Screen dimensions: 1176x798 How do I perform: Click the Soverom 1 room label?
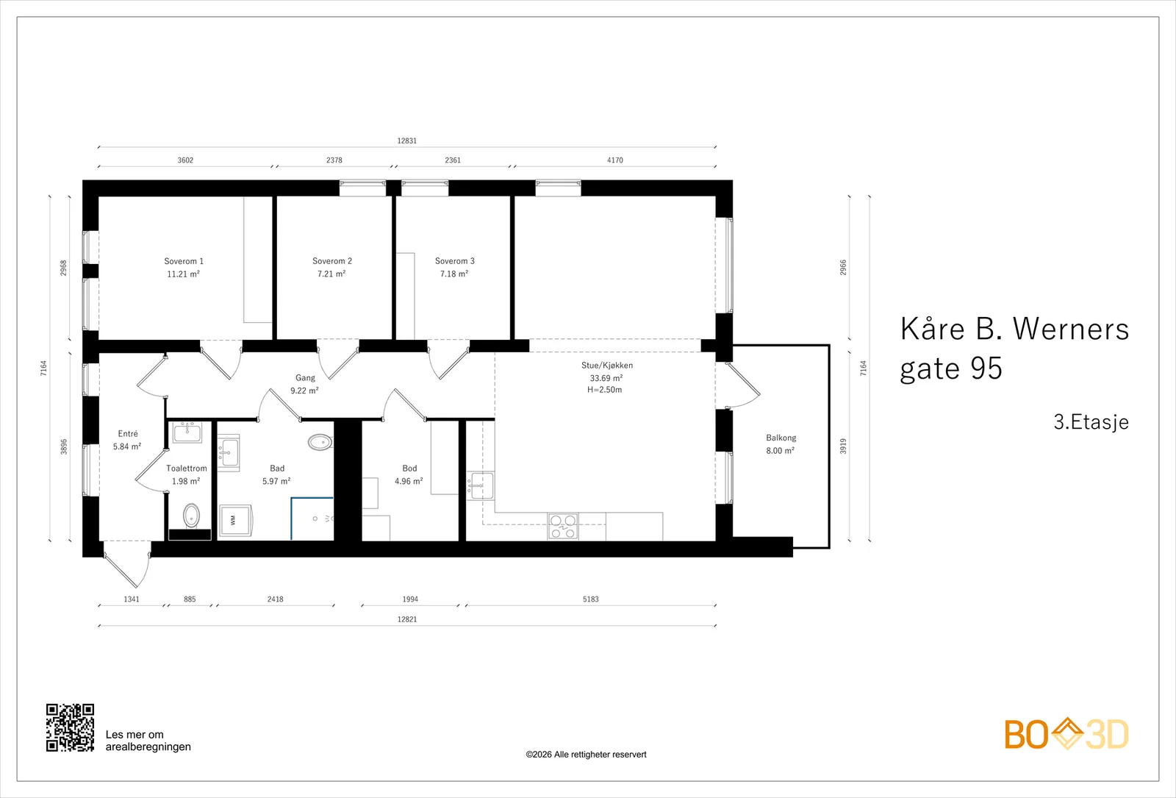click(x=184, y=261)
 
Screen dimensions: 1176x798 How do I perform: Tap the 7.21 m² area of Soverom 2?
click(x=331, y=274)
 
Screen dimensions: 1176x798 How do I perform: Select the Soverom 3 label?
click(x=455, y=261)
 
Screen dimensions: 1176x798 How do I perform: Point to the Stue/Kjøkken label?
click(x=607, y=365)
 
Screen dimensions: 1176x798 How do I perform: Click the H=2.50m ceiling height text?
click(x=605, y=390)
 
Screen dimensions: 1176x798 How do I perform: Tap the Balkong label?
click(x=781, y=438)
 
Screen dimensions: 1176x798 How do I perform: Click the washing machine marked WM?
click(x=235, y=520)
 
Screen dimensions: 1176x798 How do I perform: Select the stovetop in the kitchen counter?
click(x=563, y=527)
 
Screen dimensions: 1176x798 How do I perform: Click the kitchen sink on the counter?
click(x=481, y=485)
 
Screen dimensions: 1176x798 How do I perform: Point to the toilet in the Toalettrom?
click(x=191, y=516)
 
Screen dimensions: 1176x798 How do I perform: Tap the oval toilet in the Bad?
click(x=320, y=442)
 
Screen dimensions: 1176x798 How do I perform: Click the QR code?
click(x=70, y=727)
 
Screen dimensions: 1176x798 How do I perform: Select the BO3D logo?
click(x=1066, y=734)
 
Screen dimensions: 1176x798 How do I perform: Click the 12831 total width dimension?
click(x=407, y=140)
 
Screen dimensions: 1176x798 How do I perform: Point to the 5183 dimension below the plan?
click(x=591, y=599)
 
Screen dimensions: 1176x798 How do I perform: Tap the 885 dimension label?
click(x=190, y=599)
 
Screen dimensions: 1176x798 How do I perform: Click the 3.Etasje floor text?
click(x=1091, y=422)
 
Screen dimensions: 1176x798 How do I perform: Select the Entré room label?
click(x=128, y=433)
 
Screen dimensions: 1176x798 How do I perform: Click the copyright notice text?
click(x=586, y=755)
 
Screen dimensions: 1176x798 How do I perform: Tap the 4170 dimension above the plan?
click(x=614, y=160)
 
